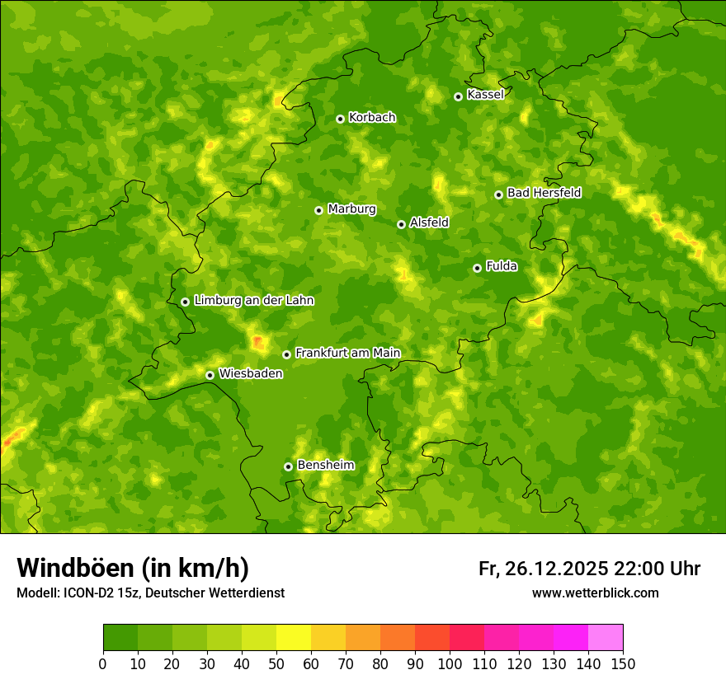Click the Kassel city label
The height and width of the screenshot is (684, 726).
[x=485, y=95]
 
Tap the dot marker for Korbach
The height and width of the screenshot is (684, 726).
[x=340, y=119]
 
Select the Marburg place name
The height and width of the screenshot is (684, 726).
[x=351, y=209]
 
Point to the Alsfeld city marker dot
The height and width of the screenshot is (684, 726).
[x=401, y=224]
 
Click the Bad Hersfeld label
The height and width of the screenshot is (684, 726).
[x=544, y=193]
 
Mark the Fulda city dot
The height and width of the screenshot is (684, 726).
[x=477, y=268]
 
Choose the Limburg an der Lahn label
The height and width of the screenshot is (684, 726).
[x=253, y=301]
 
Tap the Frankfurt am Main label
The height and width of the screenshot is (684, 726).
[x=347, y=354]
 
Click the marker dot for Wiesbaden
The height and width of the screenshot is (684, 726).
[x=210, y=375]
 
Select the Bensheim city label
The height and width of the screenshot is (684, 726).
[x=325, y=466]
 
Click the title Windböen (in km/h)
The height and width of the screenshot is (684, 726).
[x=133, y=568]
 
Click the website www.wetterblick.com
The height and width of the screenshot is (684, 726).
[x=595, y=593]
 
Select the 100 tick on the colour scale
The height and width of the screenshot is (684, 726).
[x=450, y=663]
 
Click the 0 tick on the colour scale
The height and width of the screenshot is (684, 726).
[x=103, y=663]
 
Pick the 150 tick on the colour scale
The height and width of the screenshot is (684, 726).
[x=623, y=663]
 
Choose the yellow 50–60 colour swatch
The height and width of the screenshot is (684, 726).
[x=294, y=638]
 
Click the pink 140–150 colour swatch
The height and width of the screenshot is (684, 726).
[x=606, y=638]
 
